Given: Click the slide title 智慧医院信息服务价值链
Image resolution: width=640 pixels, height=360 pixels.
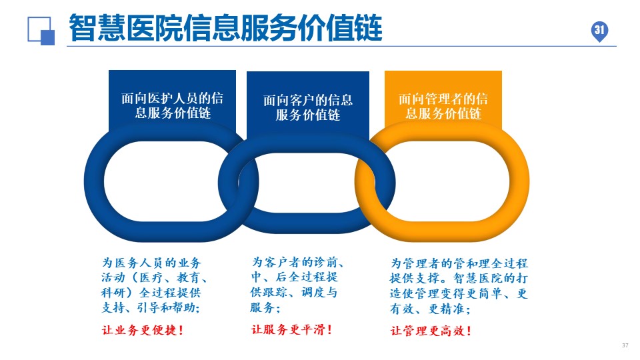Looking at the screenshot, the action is click(x=225, y=28).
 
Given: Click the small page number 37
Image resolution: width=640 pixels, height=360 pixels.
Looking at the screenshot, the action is click(x=625, y=345).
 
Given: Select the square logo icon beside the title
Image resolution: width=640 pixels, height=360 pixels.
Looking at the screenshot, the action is click(x=41, y=31).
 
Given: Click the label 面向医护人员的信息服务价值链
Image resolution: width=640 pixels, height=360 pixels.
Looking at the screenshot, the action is click(x=172, y=105).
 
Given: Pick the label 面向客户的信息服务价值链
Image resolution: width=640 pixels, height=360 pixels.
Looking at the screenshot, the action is click(x=308, y=107).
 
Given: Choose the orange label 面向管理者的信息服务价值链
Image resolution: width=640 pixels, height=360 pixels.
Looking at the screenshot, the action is click(x=443, y=106).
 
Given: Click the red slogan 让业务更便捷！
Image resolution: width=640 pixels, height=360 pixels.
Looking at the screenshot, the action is click(x=143, y=330).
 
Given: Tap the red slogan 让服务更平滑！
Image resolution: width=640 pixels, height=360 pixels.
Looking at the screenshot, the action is click(x=291, y=329).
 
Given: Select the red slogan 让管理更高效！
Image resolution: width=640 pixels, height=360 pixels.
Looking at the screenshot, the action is click(x=431, y=330).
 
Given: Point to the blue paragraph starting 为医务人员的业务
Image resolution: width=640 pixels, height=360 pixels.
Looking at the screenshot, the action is click(x=154, y=285).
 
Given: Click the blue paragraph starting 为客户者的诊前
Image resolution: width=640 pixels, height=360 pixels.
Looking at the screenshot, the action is click(x=297, y=285).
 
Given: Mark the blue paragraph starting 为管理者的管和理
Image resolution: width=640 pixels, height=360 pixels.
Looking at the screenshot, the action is click(x=459, y=286).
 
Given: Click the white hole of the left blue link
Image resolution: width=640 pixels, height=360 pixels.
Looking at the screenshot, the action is click(x=171, y=181).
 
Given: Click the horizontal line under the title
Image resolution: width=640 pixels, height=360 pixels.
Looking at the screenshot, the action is click(x=341, y=47).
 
